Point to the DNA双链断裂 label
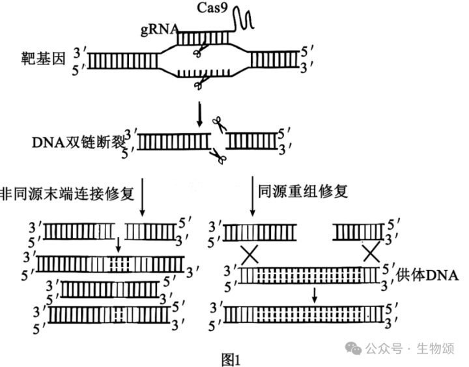[77, 142]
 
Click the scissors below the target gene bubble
[199, 85]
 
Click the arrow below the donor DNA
[315, 295]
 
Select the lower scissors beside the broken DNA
[217, 156]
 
